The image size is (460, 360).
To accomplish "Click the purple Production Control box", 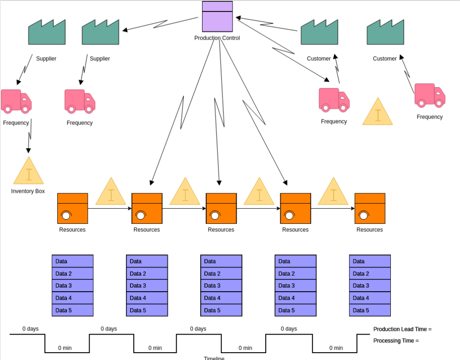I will (x=217, y=17).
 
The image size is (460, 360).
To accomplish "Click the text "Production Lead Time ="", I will (x=402, y=329).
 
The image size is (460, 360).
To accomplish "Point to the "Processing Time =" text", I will (x=396, y=341).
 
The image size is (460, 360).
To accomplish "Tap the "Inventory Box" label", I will (x=28, y=191).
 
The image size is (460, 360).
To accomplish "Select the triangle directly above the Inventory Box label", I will (x=29, y=172).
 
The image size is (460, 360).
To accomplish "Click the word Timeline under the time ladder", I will (x=214, y=358).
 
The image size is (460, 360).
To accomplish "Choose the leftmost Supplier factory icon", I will (x=47, y=32).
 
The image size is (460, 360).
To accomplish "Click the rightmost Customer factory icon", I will (x=385, y=32).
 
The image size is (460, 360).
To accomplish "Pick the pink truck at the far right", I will (x=430, y=96).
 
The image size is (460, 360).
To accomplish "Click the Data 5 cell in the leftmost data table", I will (x=72, y=310).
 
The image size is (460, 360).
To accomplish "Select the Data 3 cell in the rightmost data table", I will (x=370, y=286).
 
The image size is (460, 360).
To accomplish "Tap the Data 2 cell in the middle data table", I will (x=221, y=274).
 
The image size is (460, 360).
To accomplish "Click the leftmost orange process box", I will (x=72, y=208).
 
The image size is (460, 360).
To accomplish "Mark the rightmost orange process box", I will (x=370, y=208).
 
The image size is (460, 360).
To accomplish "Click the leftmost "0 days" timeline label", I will (x=30, y=329).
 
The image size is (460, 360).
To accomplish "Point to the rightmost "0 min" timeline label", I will (x=336, y=348).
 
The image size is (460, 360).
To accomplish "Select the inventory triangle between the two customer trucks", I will (x=377, y=112).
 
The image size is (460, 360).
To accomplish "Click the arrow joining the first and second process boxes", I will (x=110, y=209).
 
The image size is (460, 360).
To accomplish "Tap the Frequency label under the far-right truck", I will (x=430, y=117).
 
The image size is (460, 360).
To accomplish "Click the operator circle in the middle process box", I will (x=215, y=215).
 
